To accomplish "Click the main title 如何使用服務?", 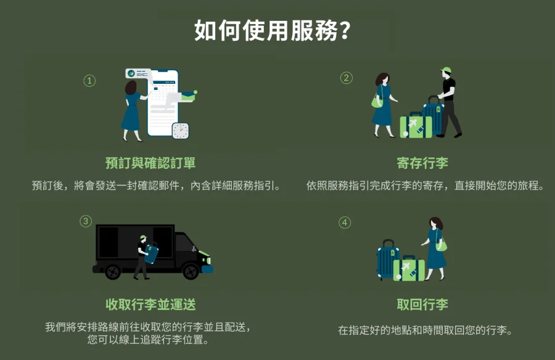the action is coord(272,30).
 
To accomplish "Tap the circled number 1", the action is coord(89,81).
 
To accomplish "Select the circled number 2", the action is coord(346,78).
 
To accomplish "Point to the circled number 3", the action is coord(86,221).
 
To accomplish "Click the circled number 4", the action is coord(345,223).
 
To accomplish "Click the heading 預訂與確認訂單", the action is coord(150,163).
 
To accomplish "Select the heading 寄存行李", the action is coord(422,163).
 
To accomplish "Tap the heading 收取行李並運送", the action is coord(150,304).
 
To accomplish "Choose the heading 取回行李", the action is coord(422,304).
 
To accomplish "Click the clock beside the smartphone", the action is coord(181,131).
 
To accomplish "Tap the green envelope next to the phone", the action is coord(188,96).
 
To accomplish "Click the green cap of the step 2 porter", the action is coord(446,70).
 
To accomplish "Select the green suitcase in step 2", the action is coord(416,125).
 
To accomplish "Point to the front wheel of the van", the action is coord(191,271).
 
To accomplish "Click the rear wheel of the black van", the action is coord(113,271).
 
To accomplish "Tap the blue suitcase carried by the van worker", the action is coord(151,253).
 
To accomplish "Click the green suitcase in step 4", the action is coord(409,269).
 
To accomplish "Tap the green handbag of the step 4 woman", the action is coord(441,245).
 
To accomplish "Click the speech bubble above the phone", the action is coord(138,73).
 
